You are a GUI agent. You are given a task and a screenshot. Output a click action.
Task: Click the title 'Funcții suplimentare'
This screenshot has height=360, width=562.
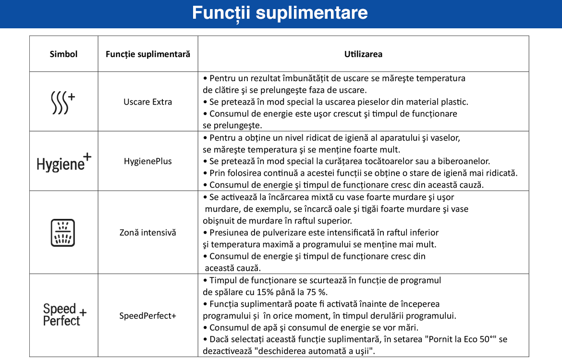tap(280, 13)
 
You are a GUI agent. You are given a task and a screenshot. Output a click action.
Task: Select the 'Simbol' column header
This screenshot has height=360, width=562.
tap(63, 54)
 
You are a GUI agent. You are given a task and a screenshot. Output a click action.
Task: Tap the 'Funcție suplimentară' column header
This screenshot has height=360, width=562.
tap(148, 54)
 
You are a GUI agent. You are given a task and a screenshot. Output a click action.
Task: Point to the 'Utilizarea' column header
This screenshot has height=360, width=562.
tap(363, 54)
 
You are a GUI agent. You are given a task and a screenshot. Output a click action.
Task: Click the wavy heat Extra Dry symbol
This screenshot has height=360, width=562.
tap(63, 103)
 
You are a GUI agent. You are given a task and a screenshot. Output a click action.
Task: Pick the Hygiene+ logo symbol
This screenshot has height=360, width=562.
tap(64, 161)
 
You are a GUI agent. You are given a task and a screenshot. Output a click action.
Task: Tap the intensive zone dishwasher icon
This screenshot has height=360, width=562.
tap(63, 233)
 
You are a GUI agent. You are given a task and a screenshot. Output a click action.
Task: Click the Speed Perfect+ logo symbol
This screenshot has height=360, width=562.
tap(64, 315)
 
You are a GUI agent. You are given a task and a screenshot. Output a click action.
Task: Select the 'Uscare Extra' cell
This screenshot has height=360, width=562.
tap(148, 102)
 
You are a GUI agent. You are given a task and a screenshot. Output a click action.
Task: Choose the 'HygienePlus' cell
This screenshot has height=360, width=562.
tap(148, 161)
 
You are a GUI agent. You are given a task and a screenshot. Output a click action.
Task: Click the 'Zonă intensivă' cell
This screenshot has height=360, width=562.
tap(148, 233)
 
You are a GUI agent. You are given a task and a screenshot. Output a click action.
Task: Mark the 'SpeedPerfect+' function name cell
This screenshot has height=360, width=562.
tap(148, 316)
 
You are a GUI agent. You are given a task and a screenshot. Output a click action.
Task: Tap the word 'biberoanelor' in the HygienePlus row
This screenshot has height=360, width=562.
tap(465, 161)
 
